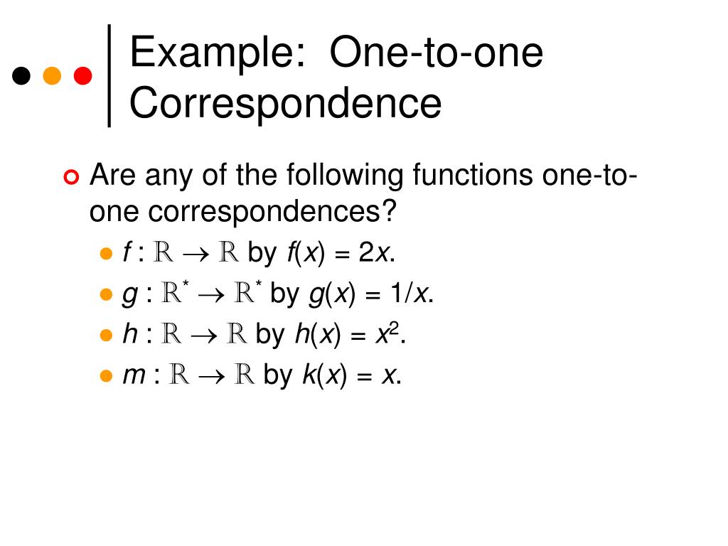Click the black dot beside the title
point(22,75)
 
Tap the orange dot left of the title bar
point(52,75)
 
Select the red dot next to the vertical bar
point(82,75)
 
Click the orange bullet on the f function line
point(106,253)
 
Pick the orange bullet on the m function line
point(106,376)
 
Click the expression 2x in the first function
point(373,252)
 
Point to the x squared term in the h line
point(390,334)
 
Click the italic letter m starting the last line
point(134,376)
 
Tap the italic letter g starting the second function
point(130,295)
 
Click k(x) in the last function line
point(323,375)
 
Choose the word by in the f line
point(262,253)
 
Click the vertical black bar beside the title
point(109,75)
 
